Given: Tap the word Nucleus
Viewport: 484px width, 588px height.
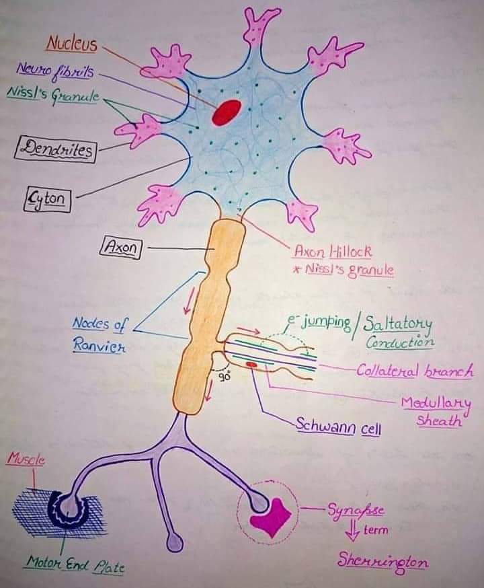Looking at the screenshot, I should (x=71, y=44).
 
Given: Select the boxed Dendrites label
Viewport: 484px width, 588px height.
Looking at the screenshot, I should (x=54, y=149).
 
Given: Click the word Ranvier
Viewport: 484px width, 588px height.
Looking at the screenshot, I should (x=99, y=348).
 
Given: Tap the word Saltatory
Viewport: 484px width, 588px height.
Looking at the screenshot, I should (x=398, y=324).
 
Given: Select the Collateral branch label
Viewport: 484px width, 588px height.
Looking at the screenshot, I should (x=414, y=371).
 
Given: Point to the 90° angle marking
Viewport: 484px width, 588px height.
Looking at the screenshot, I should (x=225, y=377).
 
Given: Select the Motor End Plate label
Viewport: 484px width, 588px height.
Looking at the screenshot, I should (x=75, y=563).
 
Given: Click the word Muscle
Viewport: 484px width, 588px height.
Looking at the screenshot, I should (x=26, y=460).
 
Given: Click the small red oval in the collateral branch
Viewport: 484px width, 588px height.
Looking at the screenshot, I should (x=251, y=365).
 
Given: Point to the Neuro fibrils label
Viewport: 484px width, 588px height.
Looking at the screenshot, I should (x=46, y=69).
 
